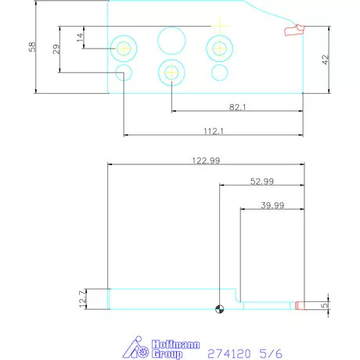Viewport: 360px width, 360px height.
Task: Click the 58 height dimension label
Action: [32, 47]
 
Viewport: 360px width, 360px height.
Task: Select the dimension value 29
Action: [56, 49]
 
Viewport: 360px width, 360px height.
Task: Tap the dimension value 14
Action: [79, 37]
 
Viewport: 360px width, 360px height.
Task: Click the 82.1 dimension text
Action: [237, 107]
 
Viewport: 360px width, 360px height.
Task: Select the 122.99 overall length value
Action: [206, 160]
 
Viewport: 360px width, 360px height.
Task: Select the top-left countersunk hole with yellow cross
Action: [124, 48]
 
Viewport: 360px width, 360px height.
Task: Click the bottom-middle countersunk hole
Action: [171, 73]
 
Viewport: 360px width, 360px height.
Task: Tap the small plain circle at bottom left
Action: [123, 74]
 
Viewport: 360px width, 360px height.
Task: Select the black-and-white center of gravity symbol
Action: [221, 308]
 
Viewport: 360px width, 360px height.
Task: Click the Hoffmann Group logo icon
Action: [139, 348]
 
